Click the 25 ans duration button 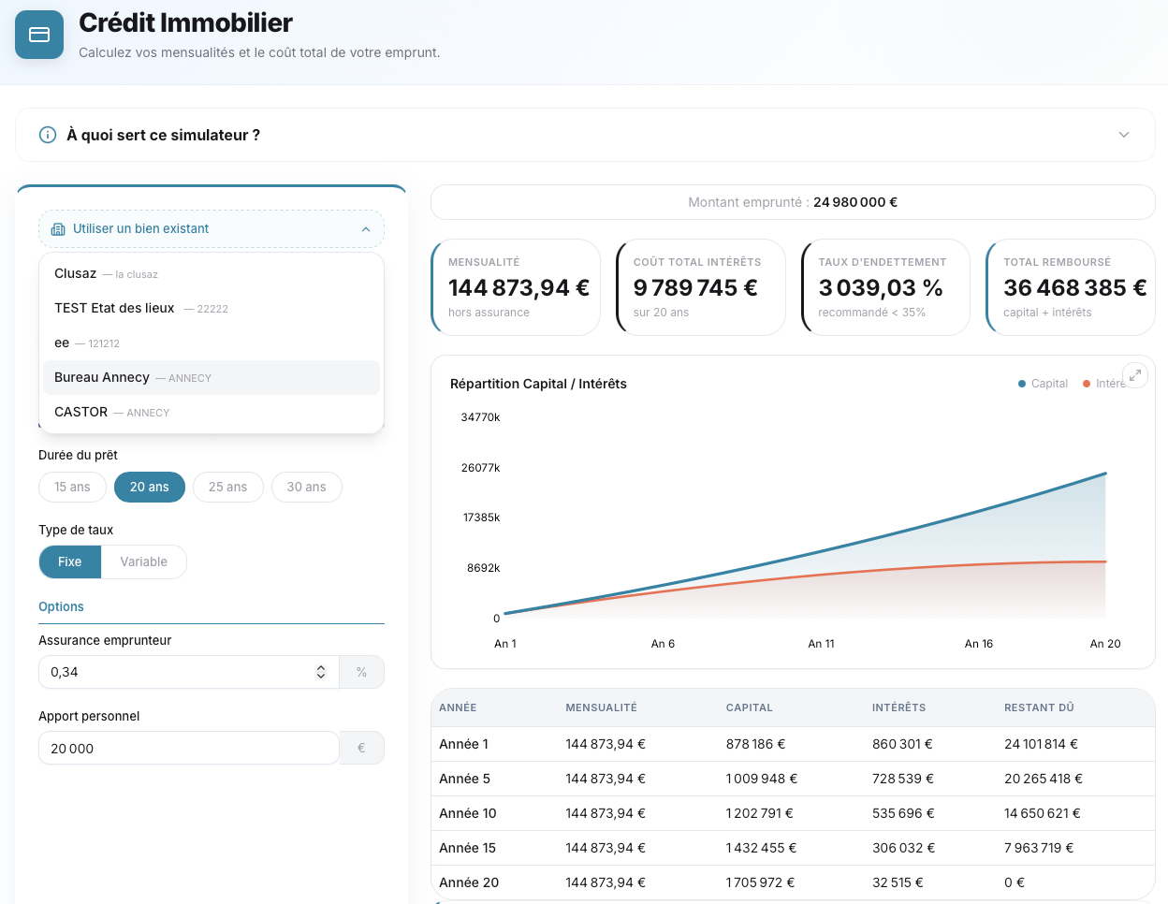(x=227, y=487)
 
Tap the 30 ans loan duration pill (x=306, y=487)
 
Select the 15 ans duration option (x=72, y=487)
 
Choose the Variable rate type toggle (x=143, y=561)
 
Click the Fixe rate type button (x=70, y=561)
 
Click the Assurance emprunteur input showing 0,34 (x=178, y=672)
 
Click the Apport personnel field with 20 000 (x=187, y=748)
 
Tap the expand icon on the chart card (x=1134, y=375)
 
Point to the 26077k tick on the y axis (x=480, y=468)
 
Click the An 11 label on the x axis (x=821, y=644)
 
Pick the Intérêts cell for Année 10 (x=903, y=813)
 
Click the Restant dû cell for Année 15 (x=1038, y=848)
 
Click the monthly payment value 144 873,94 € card (x=518, y=287)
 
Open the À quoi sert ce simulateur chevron (x=1124, y=135)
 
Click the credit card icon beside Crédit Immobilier (x=39, y=35)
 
